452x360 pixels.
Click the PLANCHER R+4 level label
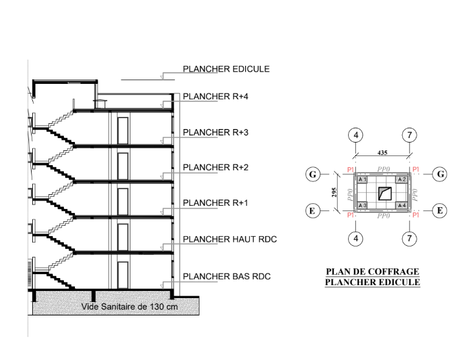coord(215,97)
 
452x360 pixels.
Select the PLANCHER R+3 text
coord(215,132)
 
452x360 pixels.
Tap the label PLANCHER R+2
coord(215,168)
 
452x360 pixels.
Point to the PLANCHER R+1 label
coord(215,203)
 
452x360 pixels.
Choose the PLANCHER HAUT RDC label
coord(230,239)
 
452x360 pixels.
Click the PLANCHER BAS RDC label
coord(227,277)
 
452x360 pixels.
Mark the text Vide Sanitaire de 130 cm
coord(129,306)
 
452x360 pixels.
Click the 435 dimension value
coord(382,153)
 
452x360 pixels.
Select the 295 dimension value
coord(334,192)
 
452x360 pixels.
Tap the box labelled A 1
coord(362,180)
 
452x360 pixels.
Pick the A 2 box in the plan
coord(402,180)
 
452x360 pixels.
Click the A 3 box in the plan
coord(362,205)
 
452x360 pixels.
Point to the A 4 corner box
coord(402,205)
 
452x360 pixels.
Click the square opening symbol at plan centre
coord(385,194)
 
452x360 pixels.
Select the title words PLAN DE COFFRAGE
coord(373,272)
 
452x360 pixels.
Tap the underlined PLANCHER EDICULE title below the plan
coord(373,282)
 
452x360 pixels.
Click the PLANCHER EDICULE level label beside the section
coord(226,69)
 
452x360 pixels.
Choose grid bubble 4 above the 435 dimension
coord(356,135)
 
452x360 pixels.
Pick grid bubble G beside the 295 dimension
coord(313,174)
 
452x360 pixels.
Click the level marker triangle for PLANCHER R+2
coord(162,176)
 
